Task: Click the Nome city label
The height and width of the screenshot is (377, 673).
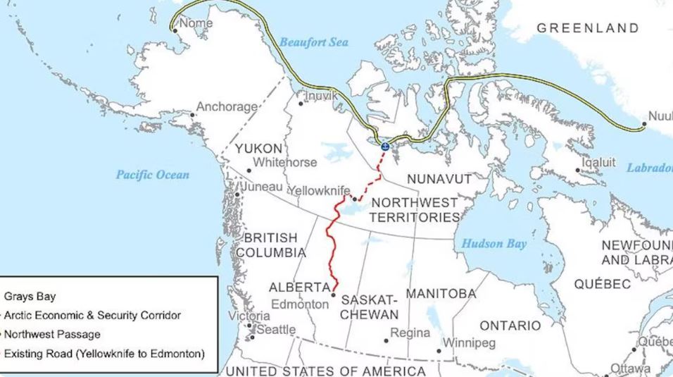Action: (x=196, y=24)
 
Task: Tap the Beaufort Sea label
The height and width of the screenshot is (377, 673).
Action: (x=313, y=42)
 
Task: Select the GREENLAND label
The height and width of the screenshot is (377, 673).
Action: (x=588, y=28)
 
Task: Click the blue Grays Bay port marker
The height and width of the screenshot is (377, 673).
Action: (x=384, y=147)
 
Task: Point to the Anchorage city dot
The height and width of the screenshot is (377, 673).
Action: (x=192, y=115)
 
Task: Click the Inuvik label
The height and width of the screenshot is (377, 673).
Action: (x=322, y=96)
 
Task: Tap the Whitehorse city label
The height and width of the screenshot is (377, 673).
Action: (x=285, y=163)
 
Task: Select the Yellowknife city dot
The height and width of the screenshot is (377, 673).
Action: (x=355, y=199)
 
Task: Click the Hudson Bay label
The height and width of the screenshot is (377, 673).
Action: (x=493, y=244)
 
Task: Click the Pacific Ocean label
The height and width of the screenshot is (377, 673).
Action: (x=153, y=175)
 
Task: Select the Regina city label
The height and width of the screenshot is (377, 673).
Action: (x=410, y=333)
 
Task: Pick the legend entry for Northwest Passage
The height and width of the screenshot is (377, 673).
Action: (x=52, y=334)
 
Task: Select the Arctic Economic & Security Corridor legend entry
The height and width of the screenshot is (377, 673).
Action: (x=92, y=315)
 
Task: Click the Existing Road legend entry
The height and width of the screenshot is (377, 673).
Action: (x=104, y=353)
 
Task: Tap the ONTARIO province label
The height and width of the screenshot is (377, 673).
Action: (x=510, y=326)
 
